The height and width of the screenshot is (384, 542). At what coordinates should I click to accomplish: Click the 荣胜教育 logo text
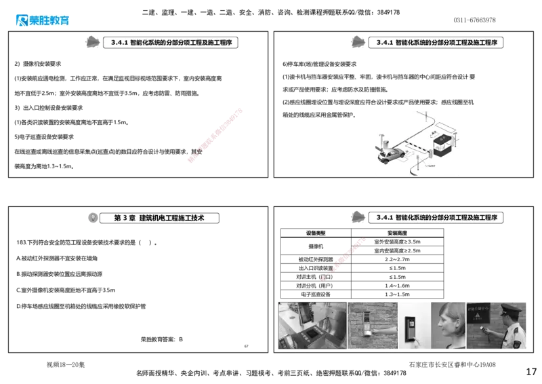[x=49, y=21]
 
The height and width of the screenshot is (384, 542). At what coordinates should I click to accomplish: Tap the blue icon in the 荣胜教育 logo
[x=21, y=20]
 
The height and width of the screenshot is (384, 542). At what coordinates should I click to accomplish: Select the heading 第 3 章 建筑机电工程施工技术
[x=159, y=218]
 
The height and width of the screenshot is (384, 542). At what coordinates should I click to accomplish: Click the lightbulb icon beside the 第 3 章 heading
[x=93, y=218]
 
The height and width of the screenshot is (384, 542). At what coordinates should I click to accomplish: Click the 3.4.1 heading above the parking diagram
[x=436, y=43]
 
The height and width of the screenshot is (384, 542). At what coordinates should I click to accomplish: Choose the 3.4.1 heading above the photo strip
[x=436, y=218]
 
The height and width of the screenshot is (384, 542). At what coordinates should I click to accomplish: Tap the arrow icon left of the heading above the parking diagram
[x=356, y=42]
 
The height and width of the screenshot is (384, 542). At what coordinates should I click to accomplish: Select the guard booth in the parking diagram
[x=442, y=140]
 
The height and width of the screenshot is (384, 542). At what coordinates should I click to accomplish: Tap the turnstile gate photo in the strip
[x=312, y=325]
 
